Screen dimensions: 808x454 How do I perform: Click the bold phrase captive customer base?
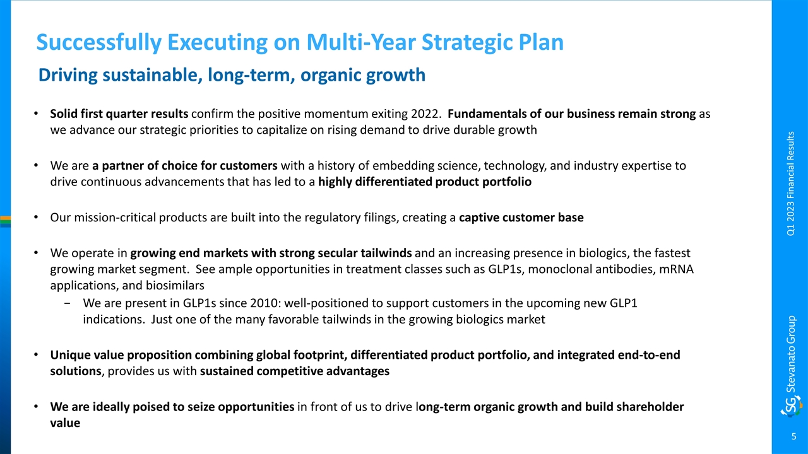click(x=521, y=218)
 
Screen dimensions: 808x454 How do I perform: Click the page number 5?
click(x=793, y=436)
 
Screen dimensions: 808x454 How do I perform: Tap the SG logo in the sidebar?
click(x=792, y=407)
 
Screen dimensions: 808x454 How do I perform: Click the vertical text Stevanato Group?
click(x=791, y=354)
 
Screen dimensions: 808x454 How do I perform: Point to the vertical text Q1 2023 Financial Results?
click(x=790, y=183)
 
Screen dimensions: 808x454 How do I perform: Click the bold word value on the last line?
click(x=65, y=423)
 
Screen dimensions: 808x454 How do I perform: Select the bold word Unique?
click(x=70, y=355)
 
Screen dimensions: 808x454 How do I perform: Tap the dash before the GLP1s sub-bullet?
click(x=67, y=303)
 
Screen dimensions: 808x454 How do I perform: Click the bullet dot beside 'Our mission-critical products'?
click(x=36, y=218)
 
